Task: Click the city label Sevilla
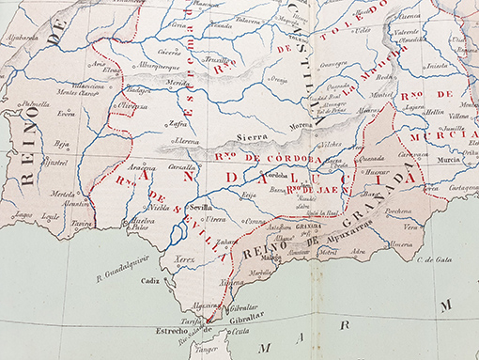[198, 205]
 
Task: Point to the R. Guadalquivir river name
[123, 275]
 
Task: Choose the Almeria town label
[400, 243]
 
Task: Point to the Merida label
[178, 83]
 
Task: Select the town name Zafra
[178, 122]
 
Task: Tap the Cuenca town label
[409, 16]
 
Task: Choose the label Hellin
[432, 111]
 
